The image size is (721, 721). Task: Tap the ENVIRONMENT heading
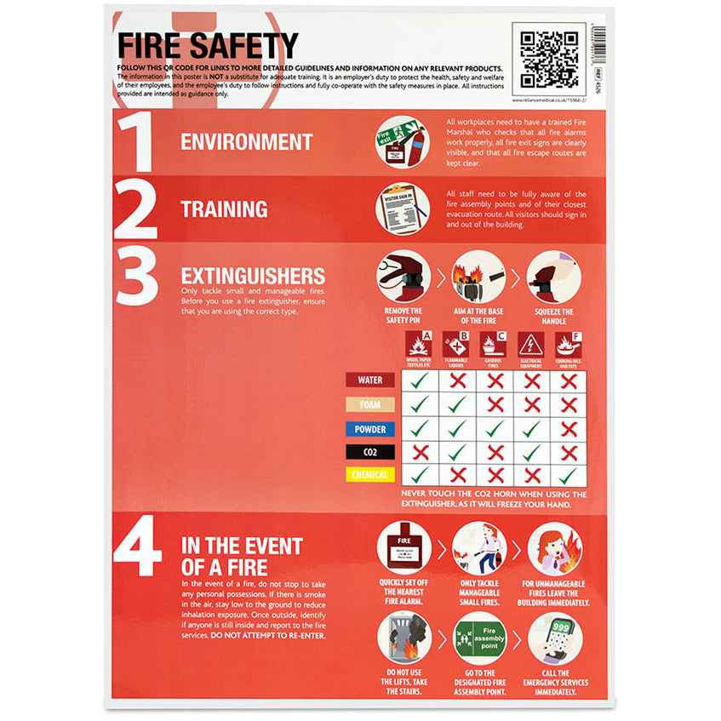pyautogui.click(x=246, y=142)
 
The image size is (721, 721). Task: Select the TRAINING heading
pyautogui.click(x=224, y=209)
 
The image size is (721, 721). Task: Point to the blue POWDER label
pyautogui.click(x=369, y=428)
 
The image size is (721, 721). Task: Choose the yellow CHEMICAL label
pyautogui.click(x=369, y=475)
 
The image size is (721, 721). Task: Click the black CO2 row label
pyautogui.click(x=369, y=452)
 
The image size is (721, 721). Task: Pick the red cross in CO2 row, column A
pyautogui.click(x=420, y=452)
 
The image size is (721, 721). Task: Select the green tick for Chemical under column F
pyautogui.click(x=569, y=475)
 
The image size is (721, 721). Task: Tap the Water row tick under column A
pyautogui.click(x=420, y=381)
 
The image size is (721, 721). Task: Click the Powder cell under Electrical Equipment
pyautogui.click(x=532, y=428)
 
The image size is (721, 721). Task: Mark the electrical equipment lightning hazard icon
pyautogui.click(x=532, y=345)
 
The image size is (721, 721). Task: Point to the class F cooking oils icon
pyautogui.click(x=569, y=345)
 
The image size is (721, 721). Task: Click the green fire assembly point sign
pyautogui.click(x=479, y=638)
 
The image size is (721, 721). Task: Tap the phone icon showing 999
pyautogui.click(x=554, y=638)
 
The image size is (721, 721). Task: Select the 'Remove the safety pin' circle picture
pyautogui.click(x=403, y=278)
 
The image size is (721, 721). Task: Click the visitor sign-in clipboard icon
pyautogui.click(x=403, y=209)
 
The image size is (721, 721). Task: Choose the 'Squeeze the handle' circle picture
pyautogui.click(x=554, y=278)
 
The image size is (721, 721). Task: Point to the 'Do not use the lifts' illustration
pyautogui.click(x=403, y=638)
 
